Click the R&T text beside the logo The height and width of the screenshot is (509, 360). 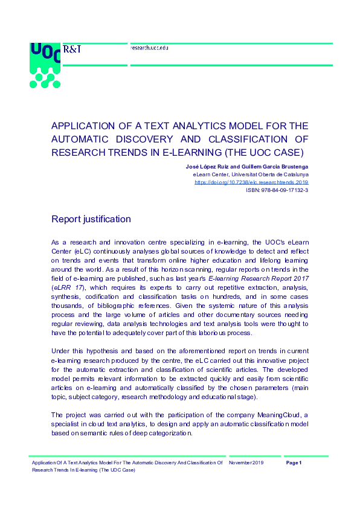point(72,49)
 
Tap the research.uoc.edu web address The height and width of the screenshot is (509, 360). point(149,47)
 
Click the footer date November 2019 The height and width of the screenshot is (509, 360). point(246,463)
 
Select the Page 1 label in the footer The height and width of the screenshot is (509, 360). point(294,463)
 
